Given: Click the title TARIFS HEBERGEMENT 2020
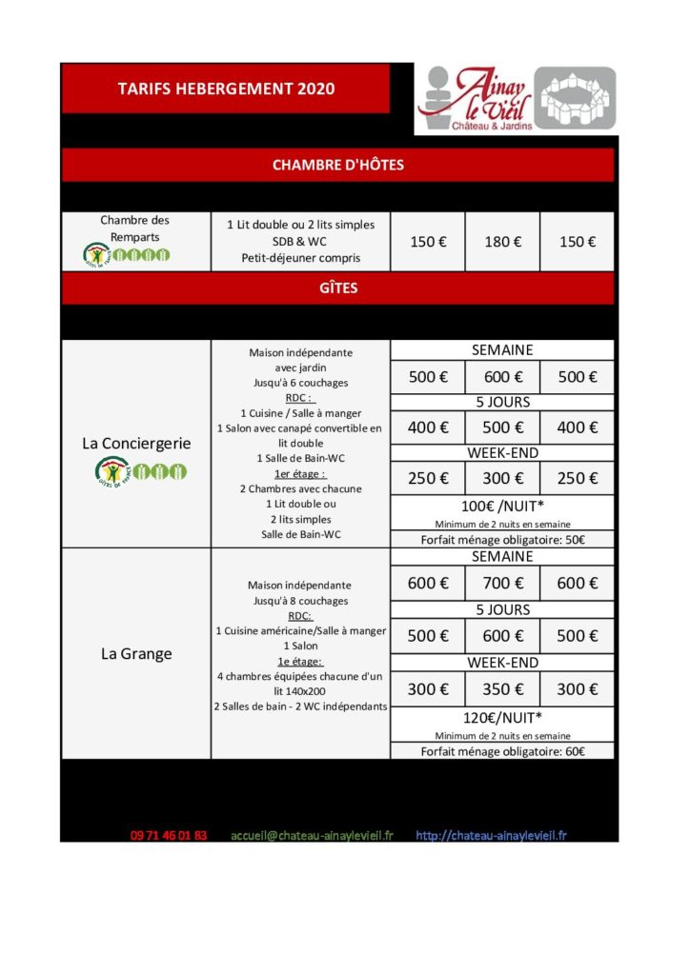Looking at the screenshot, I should coord(226,89).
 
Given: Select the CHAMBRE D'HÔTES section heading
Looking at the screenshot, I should coord(337,165).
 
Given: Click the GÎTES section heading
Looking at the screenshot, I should coord(337,287).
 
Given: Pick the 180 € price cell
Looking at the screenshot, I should coord(502,242).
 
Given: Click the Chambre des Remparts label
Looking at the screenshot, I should coord(135,229).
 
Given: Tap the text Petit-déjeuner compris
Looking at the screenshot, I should coord(300,257).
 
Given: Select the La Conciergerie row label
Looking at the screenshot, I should coord(136,444).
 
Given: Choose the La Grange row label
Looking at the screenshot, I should coord(136,654).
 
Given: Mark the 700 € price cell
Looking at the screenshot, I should coord(502,584).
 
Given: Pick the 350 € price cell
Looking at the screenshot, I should coord(502,689).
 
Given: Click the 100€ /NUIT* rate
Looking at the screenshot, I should coord(502,507).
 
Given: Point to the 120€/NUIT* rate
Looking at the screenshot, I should coord(502,718).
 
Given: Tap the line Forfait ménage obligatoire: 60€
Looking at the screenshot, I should coord(502,751).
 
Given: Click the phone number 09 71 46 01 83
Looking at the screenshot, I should coord(169,835).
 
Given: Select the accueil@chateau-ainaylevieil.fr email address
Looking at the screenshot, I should coord(312,835).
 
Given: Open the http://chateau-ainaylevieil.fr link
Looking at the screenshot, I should coord(491,835).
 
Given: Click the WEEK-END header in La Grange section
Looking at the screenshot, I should coord(502,663).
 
